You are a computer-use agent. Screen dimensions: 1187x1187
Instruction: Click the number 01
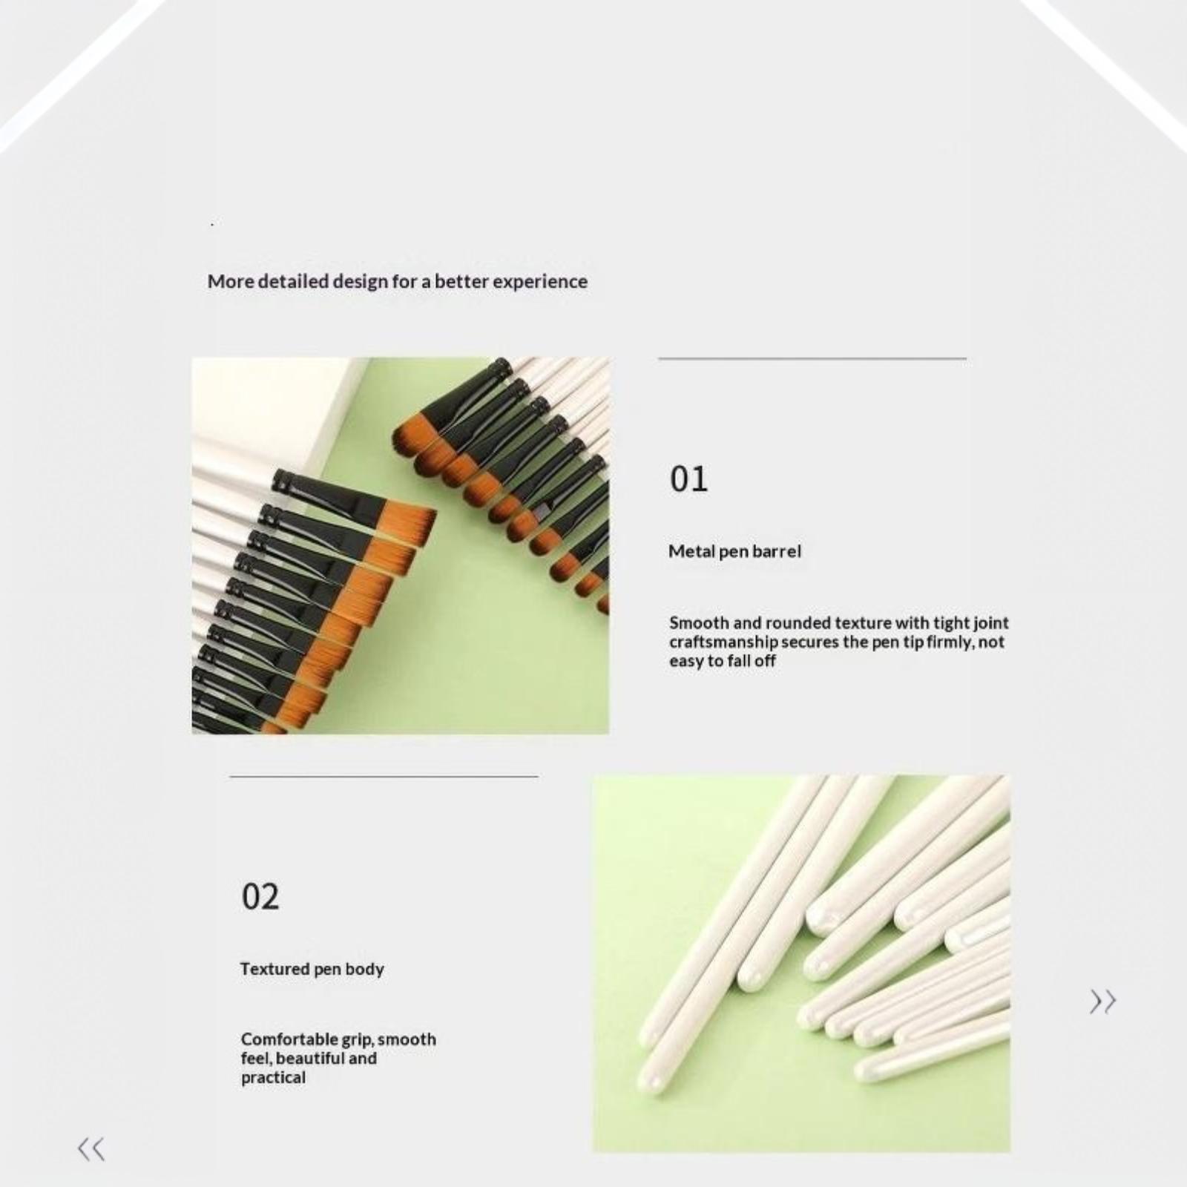tap(688, 479)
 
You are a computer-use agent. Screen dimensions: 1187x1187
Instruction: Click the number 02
tap(260, 897)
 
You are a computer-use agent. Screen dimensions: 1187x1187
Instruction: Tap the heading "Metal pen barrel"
tap(734, 551)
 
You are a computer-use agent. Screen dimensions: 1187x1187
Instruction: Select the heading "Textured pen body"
tap(312, 969)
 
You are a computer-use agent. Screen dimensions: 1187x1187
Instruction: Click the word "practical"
tap(273, 1078)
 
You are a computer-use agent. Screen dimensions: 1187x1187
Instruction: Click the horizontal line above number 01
tap(812, 358)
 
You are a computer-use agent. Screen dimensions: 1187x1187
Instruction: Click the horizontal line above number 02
tap(384, 776)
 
